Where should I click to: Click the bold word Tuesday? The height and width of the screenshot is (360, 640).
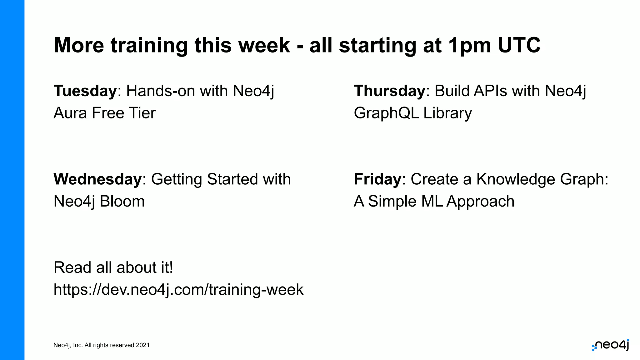coord(85,91)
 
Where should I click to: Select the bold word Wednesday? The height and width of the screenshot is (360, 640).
coord(97,179)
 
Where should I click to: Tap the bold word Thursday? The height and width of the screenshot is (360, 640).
coord(389,91)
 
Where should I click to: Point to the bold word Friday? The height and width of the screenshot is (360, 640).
coord(377,179)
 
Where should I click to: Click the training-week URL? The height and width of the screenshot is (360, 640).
coord(178,289)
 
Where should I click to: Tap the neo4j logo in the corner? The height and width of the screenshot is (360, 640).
coord(610,345)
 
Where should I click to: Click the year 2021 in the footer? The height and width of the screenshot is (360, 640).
coord(142,345)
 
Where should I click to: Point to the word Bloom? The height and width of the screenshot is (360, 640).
coord(122,201)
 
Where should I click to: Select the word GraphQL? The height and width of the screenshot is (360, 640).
coord(386,113)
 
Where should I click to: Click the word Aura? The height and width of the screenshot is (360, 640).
coord(70,113)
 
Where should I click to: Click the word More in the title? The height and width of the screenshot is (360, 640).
coord(79,45)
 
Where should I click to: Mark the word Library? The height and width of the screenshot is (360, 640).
coord(447,113)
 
